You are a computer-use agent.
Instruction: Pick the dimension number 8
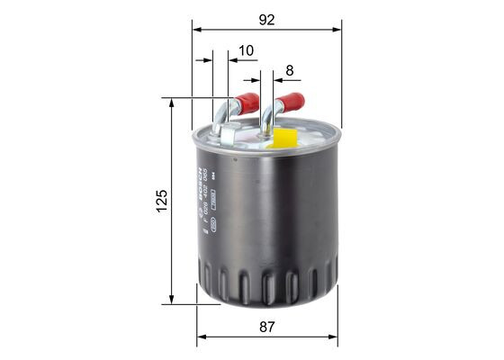289,70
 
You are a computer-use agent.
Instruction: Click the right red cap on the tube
291,102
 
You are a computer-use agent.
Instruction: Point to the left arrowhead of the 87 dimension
202,338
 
